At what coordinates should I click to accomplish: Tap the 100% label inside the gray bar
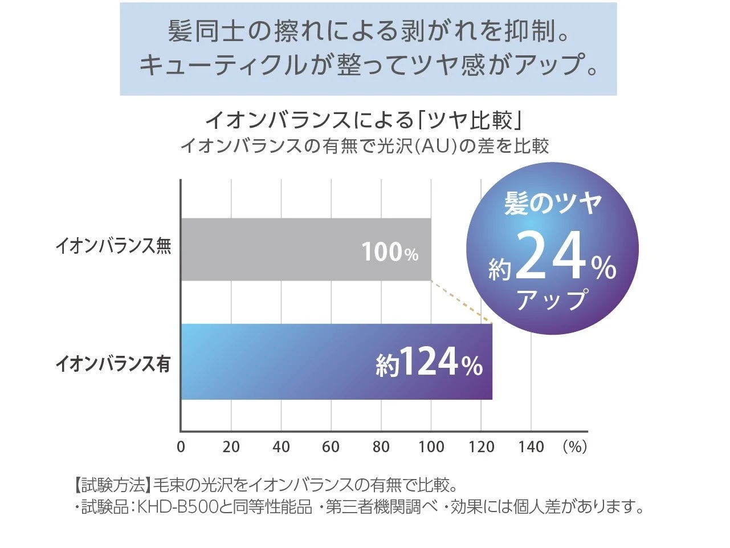390,251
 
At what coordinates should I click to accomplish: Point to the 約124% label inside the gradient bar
429,363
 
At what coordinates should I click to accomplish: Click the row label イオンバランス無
113,247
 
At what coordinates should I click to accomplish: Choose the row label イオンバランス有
113,363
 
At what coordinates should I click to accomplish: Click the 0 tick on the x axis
181,446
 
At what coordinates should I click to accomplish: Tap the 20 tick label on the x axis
231,446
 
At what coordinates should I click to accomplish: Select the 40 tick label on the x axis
281,446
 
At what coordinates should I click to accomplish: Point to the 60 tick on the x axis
331,446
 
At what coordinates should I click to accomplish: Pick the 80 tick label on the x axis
381,446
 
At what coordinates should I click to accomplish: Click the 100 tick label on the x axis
431,446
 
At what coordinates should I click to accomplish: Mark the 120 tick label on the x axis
481,446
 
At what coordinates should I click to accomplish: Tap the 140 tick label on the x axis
531,446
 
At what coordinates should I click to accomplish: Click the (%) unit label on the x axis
574,446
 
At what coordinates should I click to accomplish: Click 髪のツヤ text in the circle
552,204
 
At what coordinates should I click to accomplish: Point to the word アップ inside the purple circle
552,299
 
